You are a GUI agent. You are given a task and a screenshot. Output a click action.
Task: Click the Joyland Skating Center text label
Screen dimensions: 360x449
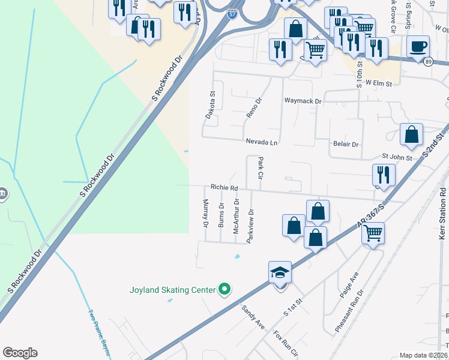(x=172, y=290)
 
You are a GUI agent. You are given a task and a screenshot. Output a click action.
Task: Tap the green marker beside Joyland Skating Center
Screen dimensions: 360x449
(x=225, y=290)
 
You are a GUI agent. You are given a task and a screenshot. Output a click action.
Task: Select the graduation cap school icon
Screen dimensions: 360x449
(x=280, y=273)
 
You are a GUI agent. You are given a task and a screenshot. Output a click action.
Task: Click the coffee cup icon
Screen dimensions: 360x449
(x=418, y=46)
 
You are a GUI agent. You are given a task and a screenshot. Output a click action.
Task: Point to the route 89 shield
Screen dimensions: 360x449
(x=427, y=61)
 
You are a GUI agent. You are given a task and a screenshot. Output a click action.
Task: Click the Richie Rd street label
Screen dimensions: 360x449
(x=224, y=188)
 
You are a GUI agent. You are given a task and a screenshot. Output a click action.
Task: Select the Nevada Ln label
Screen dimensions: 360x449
(x=262, y=142)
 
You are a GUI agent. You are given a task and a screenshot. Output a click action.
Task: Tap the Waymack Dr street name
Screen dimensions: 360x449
(x=303, y=101)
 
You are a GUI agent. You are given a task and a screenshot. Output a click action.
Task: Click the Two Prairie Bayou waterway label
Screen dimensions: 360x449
(x=100, y=331)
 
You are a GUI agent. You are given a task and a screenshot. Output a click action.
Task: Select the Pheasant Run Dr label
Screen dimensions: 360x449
(x=350, y=313)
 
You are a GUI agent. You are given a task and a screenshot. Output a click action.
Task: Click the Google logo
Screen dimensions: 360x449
(x=20, y=353)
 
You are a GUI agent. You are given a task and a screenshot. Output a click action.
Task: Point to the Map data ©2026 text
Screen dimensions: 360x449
(x=423, y=355)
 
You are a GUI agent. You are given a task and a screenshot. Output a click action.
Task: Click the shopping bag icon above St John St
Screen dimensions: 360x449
(x=411, y=135)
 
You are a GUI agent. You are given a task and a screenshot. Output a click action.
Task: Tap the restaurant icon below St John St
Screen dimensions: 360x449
(x=383, y=175)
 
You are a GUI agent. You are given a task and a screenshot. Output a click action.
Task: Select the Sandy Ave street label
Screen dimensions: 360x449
(x=253, y=316)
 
